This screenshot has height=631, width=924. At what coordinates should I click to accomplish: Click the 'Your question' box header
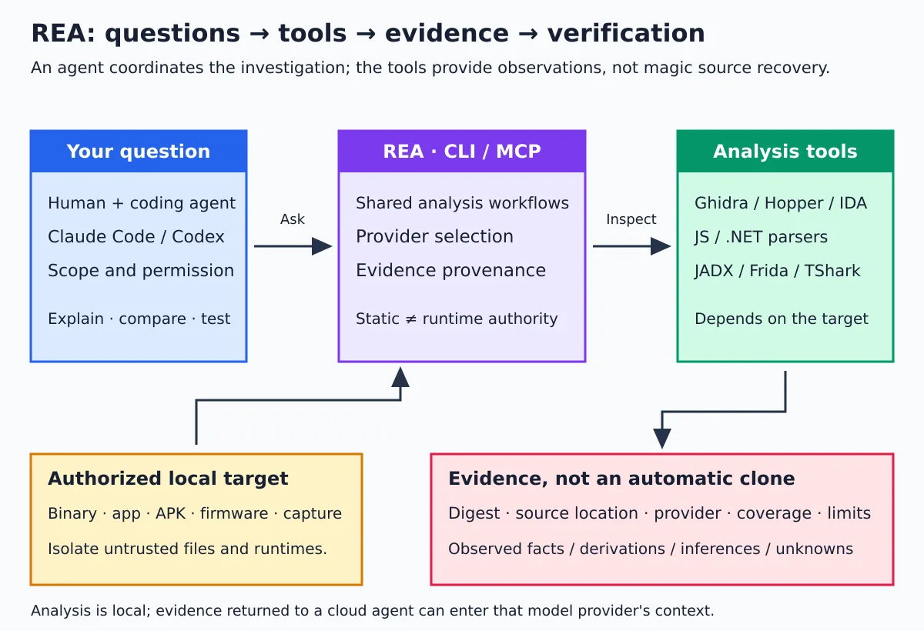pos(139,152)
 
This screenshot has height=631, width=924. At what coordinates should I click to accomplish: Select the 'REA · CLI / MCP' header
pos(462,152)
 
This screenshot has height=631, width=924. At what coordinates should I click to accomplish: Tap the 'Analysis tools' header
pos(785,152)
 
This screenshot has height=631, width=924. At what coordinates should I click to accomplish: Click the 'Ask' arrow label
pos(293,219)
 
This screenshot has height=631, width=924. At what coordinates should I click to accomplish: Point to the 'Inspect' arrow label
pos(631,219)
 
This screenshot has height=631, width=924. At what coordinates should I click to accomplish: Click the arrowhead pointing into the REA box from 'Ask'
pos(322,246)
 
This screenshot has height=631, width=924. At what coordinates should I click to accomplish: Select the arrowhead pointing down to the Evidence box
pos(662,439)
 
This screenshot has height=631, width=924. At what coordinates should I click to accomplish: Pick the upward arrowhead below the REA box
pos(400,377)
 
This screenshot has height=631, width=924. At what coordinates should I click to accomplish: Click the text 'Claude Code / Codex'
pos(136,236)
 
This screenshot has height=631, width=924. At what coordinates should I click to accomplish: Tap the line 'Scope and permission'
pos(141,270)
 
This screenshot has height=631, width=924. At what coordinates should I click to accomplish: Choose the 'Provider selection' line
pos(435,236)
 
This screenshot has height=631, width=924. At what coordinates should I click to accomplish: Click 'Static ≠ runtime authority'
pos(457,319)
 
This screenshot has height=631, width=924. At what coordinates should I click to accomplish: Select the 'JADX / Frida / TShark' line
pos(778,271)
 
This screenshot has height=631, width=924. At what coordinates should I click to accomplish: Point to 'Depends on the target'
pos(782,319)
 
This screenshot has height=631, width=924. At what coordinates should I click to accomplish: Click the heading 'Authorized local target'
pos(168,479)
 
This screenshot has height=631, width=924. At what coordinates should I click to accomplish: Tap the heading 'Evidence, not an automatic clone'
pos(621,479)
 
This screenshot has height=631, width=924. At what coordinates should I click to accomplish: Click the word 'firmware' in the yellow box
pos(234,513)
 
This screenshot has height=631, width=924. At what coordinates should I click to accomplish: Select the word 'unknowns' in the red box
pos(815,549)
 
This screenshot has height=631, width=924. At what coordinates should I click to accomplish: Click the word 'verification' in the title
pos(626,33)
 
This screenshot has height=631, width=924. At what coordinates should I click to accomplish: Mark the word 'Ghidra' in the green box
pos(721,203)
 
